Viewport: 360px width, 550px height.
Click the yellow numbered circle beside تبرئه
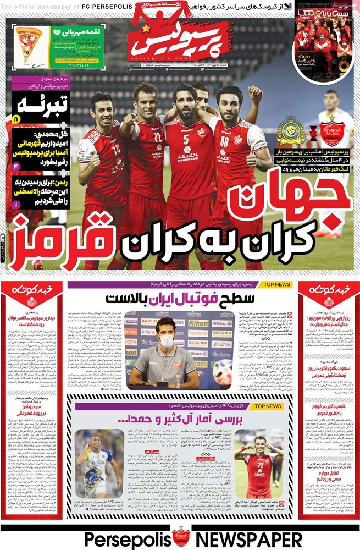click(15, 119)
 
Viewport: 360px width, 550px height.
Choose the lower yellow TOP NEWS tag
click(265, 406)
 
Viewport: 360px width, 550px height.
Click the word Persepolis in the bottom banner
click(127, 538)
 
